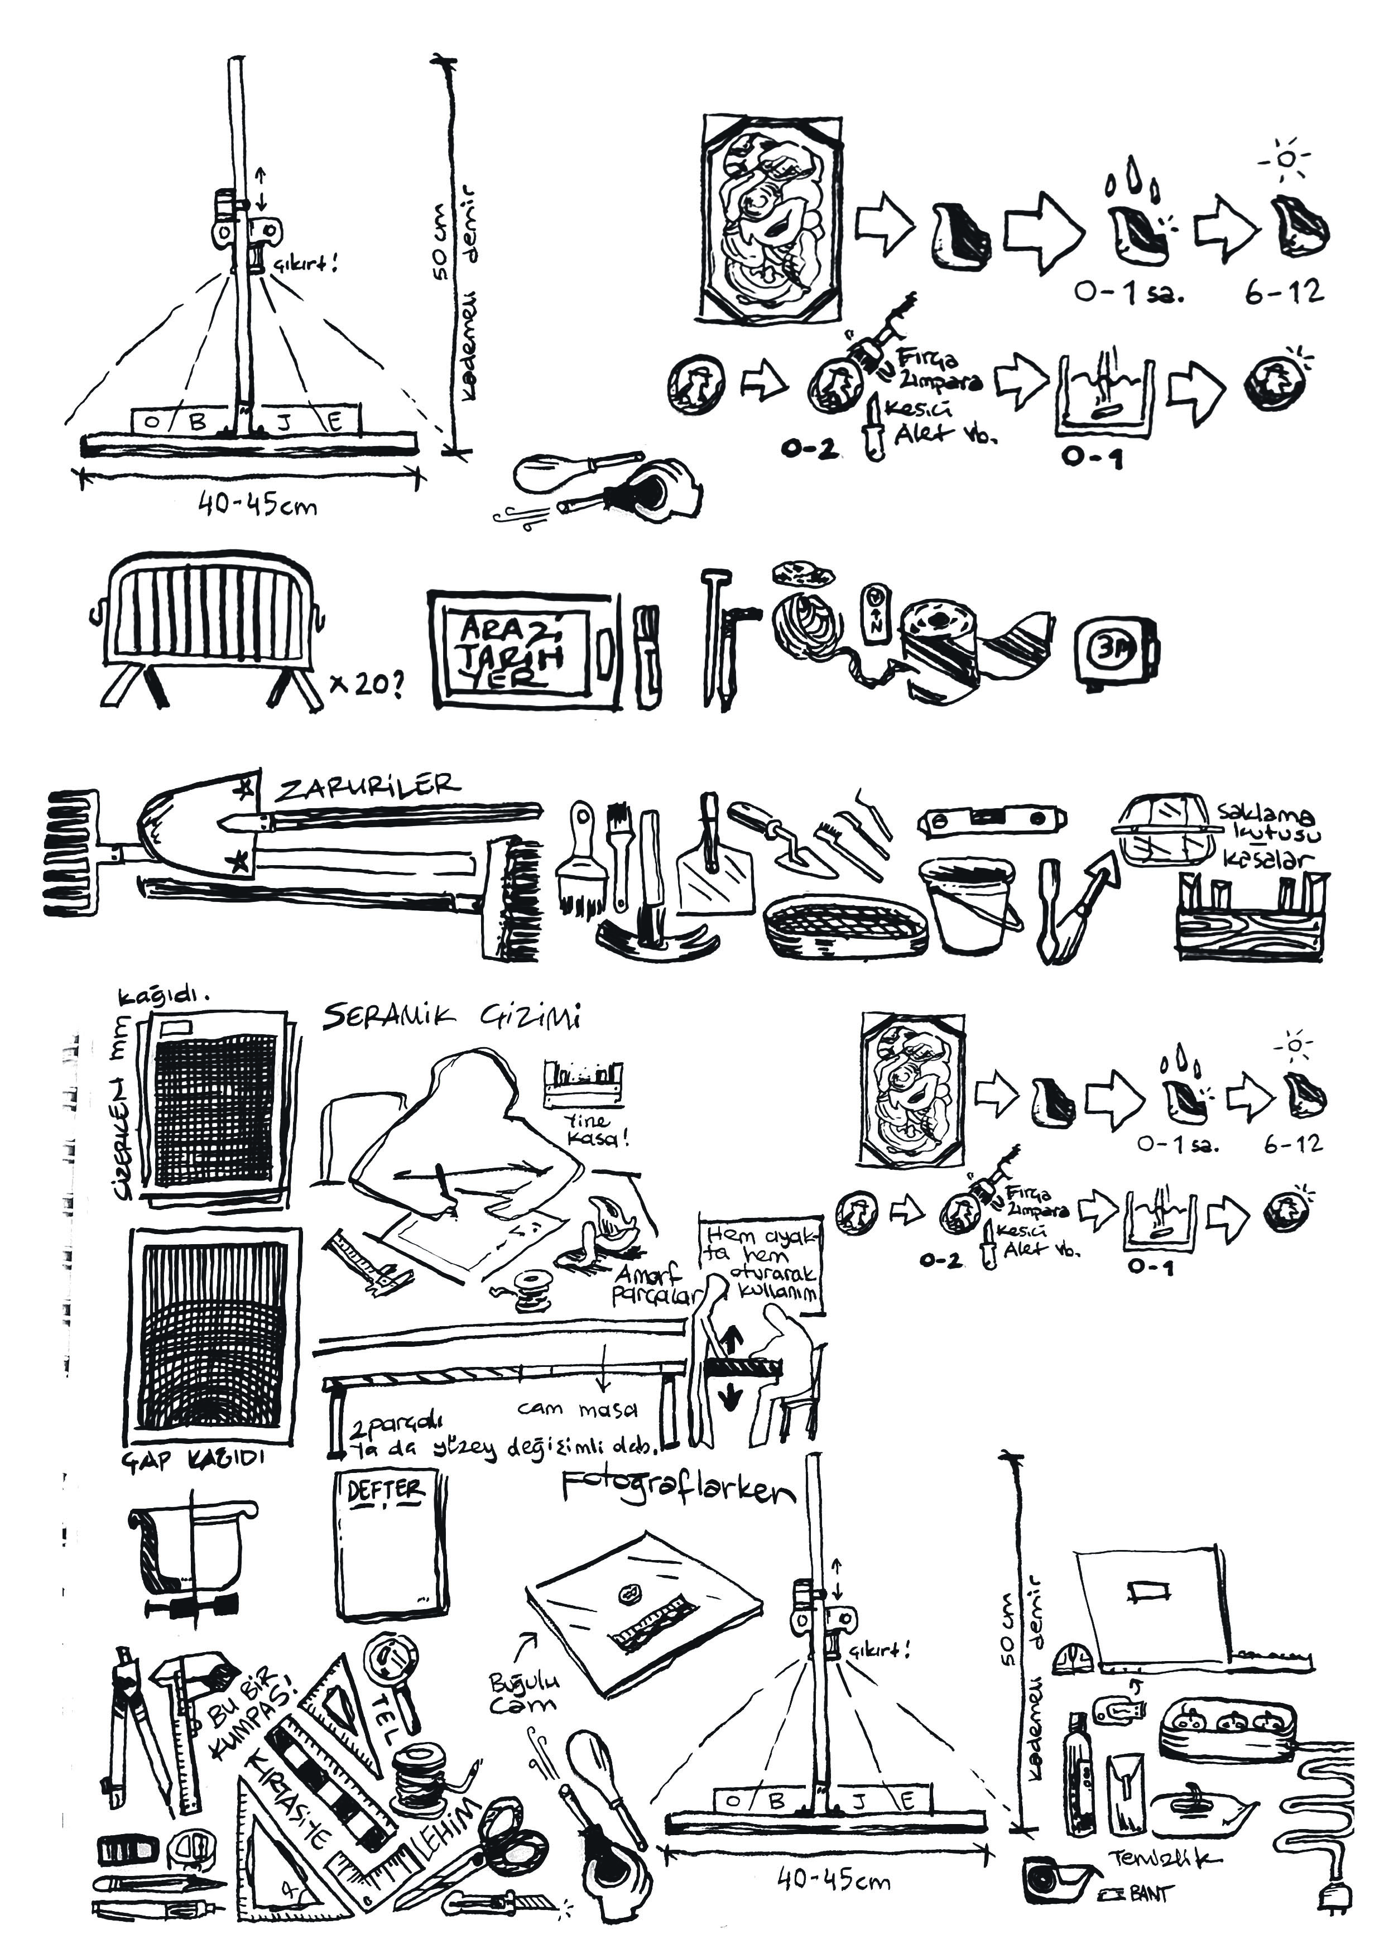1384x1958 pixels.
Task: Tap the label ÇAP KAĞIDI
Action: coord(194,1459)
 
